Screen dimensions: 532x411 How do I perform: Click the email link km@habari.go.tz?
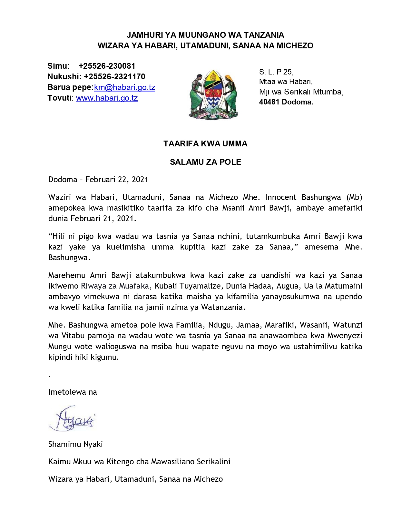click(124, 87)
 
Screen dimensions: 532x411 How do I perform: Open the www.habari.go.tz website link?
click(107, 98)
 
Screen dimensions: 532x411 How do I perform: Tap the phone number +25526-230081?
click(107, 66)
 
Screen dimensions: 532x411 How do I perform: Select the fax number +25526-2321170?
click(114, 77)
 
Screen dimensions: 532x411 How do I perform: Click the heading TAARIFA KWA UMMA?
click(205, 144)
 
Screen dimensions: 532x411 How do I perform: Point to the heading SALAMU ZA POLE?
click(205, 162)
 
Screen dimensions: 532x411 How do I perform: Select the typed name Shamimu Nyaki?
click(75, 444)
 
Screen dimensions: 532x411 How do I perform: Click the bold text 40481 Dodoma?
click(286, 102)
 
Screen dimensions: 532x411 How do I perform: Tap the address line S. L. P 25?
click(276, 72)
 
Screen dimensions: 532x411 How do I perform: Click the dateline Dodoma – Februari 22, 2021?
click(98, 180)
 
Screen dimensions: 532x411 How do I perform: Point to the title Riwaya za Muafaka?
click(115, 286)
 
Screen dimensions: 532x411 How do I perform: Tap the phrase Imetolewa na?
click(73, 392)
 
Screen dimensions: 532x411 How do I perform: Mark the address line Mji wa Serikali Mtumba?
click(301, 92)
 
